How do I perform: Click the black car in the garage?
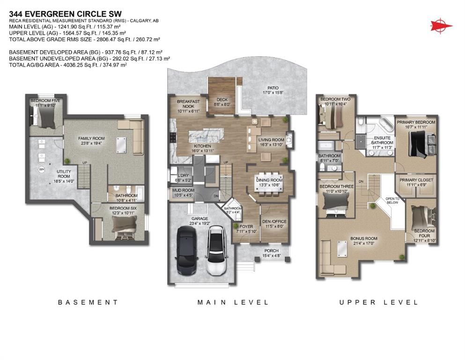coord(187,250)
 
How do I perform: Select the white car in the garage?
coord(216,250)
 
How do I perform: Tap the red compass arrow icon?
coord(441,25)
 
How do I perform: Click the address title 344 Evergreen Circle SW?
coord(65,14)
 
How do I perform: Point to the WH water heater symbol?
coord(42,170)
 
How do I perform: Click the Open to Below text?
coord(392,200)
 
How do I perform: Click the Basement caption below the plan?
coord(88,302)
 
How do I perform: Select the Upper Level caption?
coord(379,302)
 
